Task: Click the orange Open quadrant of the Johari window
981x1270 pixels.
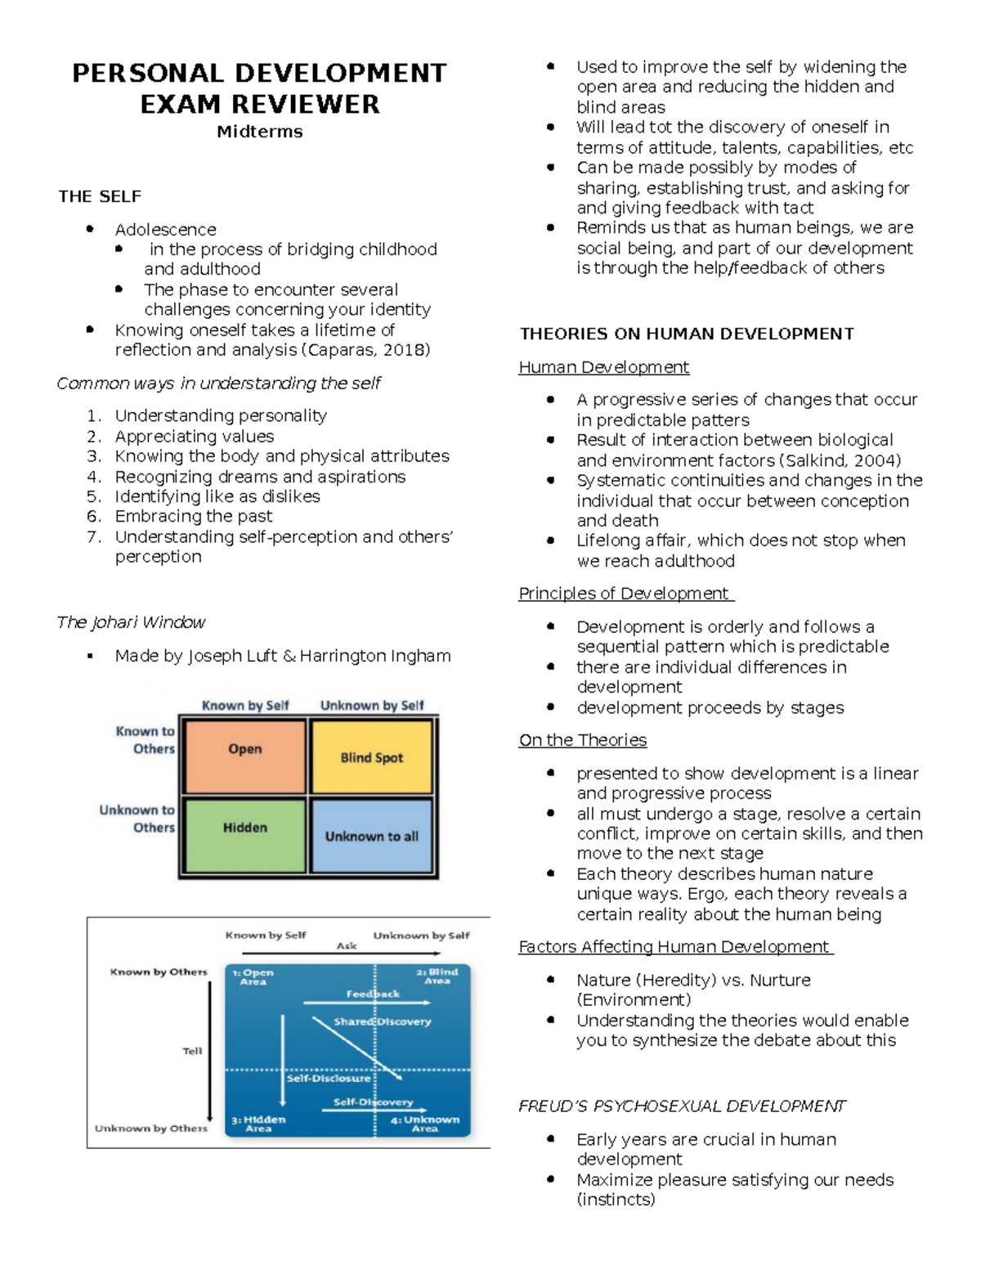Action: click(x=245, y=756)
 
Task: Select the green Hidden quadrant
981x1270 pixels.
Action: click(x=245, y=834)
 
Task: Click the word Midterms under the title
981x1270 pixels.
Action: click(x=260, y=132)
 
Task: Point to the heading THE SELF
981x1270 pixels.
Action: click(x=100, y=196)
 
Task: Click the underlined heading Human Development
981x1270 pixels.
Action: click(x=604, y=367)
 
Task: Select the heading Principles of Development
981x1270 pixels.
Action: click(x=625, y=593)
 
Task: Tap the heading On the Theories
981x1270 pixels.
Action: click(x=583, y=740)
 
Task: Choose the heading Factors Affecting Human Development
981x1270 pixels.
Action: click(x=674, y=946)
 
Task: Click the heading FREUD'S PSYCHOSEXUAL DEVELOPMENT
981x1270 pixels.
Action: click(x=683, y=1106)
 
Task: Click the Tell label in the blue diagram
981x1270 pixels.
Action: click(x=192, y=1051)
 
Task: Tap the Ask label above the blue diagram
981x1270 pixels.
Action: click(x=347, y=946)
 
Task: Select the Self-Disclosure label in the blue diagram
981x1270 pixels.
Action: click(x=329, y=1078)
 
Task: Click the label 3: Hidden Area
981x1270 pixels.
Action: click(x=258, y=1124)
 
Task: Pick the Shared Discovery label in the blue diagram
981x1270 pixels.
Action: click(x=383, y=1021)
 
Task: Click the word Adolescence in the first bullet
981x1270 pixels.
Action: click(x=166, y=230)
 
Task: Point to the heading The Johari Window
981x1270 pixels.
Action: click(x=131, y=622)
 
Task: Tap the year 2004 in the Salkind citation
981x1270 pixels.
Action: click(x=872, y=460)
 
